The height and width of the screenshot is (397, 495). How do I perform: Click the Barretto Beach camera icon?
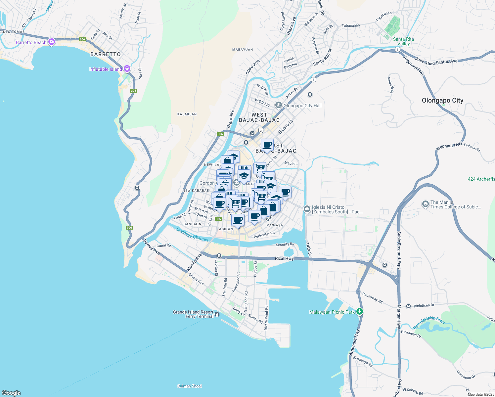pos(51,42)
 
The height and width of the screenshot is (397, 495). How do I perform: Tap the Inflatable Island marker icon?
pos(127,69)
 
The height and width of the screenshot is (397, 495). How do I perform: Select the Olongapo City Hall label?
pos(302,106)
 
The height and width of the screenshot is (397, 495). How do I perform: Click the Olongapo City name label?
pos(442,101)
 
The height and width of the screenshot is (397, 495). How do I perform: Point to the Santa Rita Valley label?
pos(403,41)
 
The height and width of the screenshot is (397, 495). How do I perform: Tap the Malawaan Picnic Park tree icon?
pos(360,312)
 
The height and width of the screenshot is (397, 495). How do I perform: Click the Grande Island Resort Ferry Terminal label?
pos(193,314)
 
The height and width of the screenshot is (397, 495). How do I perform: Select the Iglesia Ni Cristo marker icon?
pos(307,208)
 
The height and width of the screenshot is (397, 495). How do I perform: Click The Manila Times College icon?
pos(425,204)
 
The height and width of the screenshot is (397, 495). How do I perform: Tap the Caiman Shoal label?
pos(189,386)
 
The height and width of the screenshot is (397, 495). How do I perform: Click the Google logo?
pos(11,393)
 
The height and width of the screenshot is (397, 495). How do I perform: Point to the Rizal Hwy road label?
pos(284,258)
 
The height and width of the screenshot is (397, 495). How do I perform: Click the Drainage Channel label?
pos(192,235)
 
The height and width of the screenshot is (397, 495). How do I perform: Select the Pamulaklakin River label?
pos(429,322)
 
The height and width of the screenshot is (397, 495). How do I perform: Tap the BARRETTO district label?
pos(106,54)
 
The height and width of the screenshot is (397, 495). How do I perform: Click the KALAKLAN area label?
pos(187,114)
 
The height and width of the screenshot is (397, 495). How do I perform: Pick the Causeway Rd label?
pos(372,298)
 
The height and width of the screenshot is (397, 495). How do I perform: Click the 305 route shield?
pos(218,219)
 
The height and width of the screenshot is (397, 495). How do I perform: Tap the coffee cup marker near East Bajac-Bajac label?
pos(267,145)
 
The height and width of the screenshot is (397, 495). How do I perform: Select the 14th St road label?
pos(308,249)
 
